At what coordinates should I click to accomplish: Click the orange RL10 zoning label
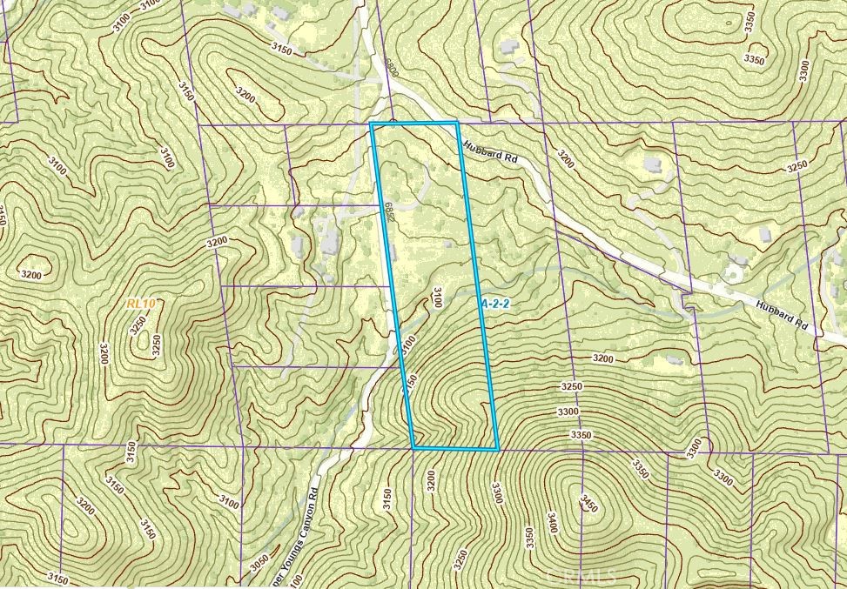140,303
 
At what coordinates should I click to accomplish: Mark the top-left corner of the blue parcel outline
372,124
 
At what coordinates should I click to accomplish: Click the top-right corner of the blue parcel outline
457,124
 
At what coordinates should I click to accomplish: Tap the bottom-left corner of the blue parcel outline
413,449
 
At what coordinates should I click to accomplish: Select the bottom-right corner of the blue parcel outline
498,449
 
